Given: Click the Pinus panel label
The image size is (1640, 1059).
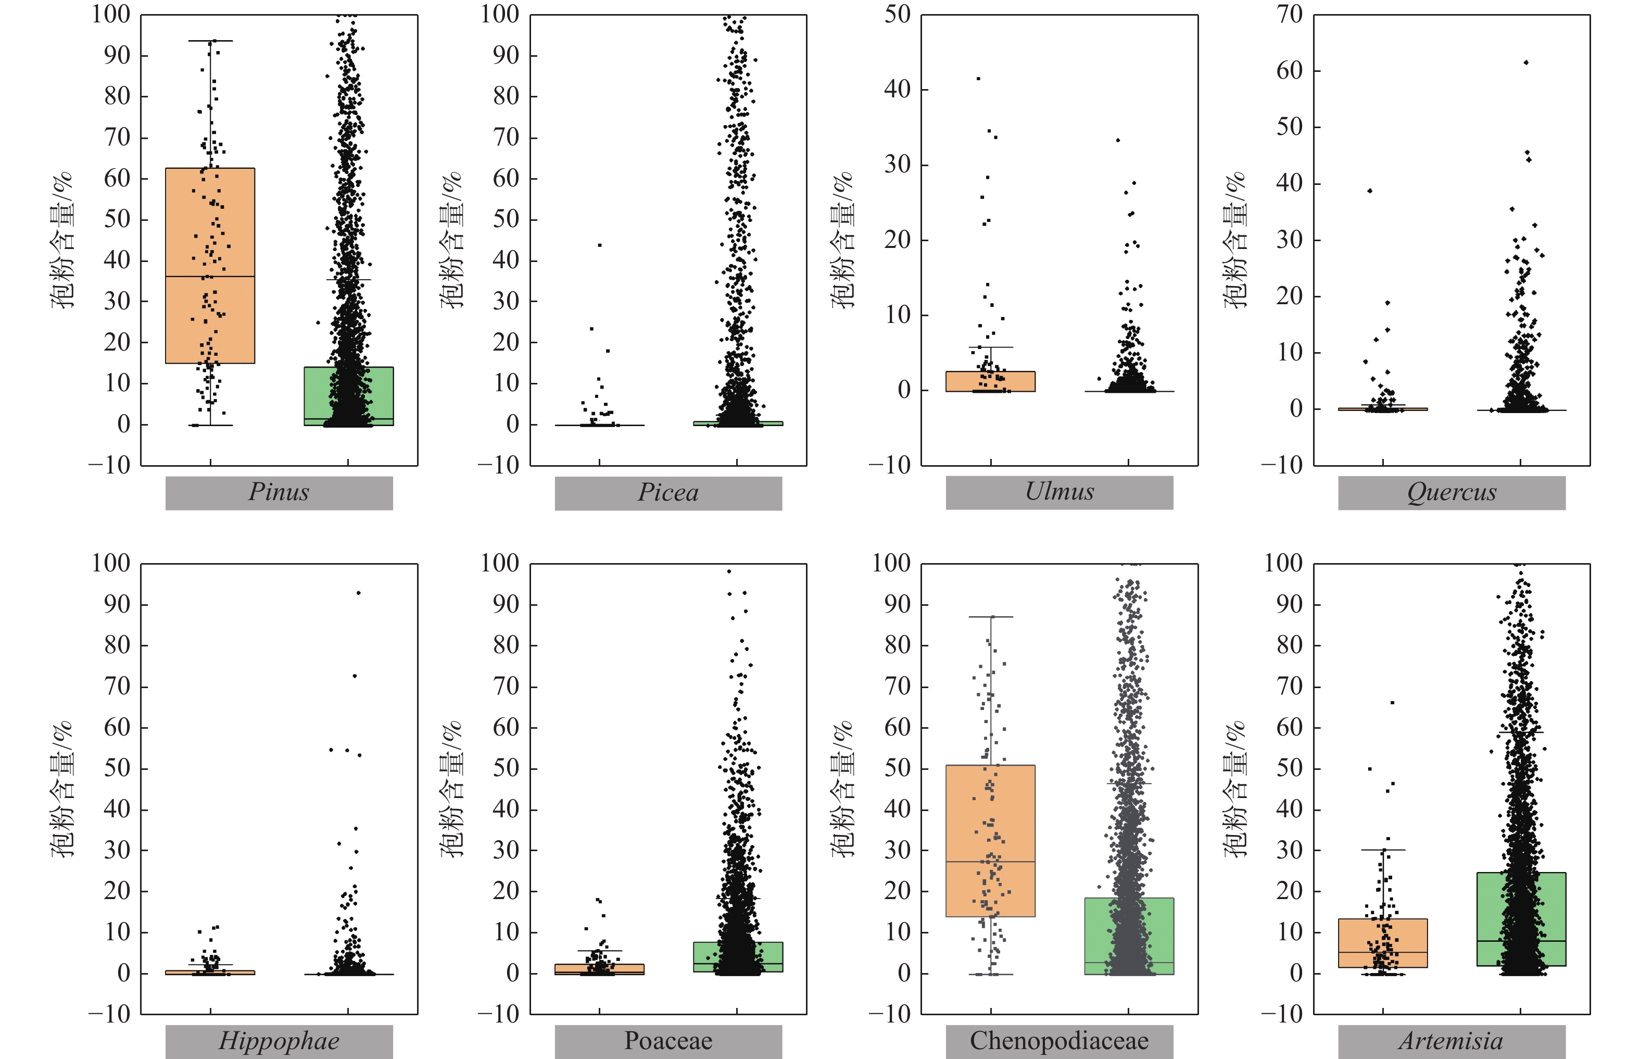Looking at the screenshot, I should (x=279, y=492).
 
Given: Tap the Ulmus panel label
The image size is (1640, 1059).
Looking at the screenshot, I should (x=1059, y=492).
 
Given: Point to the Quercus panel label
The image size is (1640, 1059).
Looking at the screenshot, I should (x=1451, y=492).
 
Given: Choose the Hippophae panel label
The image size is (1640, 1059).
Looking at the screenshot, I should (x=279, y=1041).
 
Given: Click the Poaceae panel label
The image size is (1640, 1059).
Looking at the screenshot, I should (x=668, y=1041).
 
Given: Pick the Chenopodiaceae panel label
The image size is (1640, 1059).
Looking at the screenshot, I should (x=1059, y=1041).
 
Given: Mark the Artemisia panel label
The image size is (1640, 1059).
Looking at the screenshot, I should (x=1451, y=1041).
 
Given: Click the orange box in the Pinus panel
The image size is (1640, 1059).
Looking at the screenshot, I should (x=210, y=266).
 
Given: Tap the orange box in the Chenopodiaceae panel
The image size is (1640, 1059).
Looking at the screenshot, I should (x=990, y=840).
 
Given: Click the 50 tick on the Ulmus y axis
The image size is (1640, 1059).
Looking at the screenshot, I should (x=897, y=15).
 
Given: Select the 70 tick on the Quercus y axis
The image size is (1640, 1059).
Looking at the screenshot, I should (x=1290, y=15).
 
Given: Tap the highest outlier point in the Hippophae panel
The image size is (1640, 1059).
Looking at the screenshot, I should (x=358, y=593).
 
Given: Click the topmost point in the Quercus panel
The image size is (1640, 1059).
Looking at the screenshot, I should (x=1526, y=63).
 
